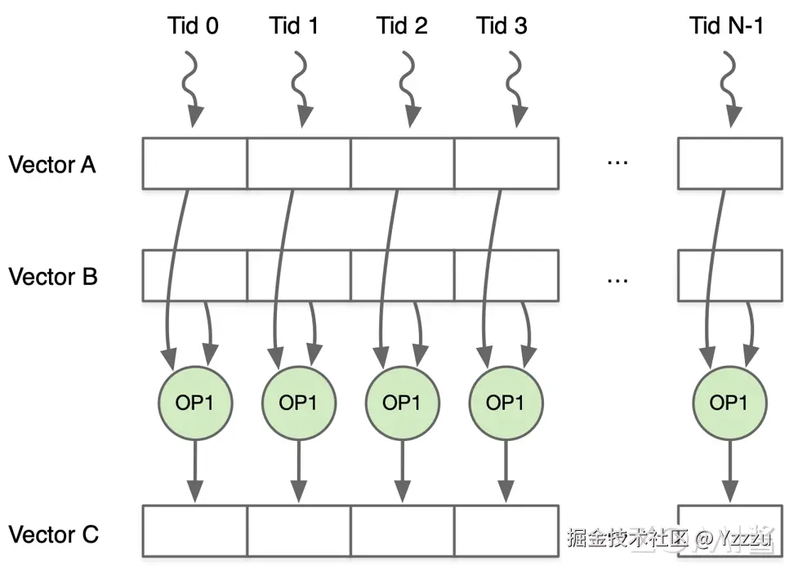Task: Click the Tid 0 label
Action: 193,25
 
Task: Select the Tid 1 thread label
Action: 294,25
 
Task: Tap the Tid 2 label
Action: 402,25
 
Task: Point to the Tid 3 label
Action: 501,25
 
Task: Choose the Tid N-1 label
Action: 725,25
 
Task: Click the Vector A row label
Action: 52,165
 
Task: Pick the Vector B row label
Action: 53,277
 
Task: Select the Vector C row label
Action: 53,535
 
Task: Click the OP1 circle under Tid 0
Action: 194,403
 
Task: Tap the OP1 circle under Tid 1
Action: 298,403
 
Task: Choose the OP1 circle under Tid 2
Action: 402,403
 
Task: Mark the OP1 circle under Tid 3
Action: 505,403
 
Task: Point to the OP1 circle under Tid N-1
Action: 729,403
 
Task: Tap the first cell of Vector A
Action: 194,163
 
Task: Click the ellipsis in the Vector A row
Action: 617,164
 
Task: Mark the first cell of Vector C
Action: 194,533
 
